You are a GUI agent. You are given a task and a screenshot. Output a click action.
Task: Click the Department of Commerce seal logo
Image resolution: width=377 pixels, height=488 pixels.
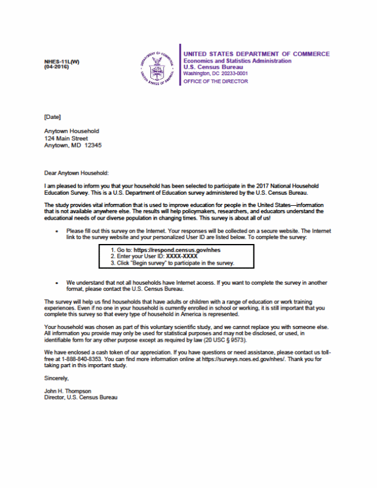157,67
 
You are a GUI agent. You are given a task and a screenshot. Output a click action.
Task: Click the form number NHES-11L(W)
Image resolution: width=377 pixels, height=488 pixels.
62,62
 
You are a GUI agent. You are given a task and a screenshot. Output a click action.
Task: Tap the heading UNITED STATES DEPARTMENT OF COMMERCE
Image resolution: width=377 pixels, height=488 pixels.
256,54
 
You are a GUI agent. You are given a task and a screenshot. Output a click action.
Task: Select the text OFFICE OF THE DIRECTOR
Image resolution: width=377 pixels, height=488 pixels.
215,81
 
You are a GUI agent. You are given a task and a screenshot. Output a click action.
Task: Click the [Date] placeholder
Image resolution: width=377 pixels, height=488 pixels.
53,116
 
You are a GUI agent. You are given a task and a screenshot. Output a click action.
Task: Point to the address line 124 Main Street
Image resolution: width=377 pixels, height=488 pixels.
66,138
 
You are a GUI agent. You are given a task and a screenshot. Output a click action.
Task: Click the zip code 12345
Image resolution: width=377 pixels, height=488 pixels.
93,146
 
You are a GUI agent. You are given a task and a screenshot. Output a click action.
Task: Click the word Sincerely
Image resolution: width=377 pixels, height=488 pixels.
57,379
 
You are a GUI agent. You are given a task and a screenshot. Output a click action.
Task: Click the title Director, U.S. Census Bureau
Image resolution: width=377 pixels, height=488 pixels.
81,398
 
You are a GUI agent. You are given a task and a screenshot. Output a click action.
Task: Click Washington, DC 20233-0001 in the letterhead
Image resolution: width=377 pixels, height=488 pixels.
215,73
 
